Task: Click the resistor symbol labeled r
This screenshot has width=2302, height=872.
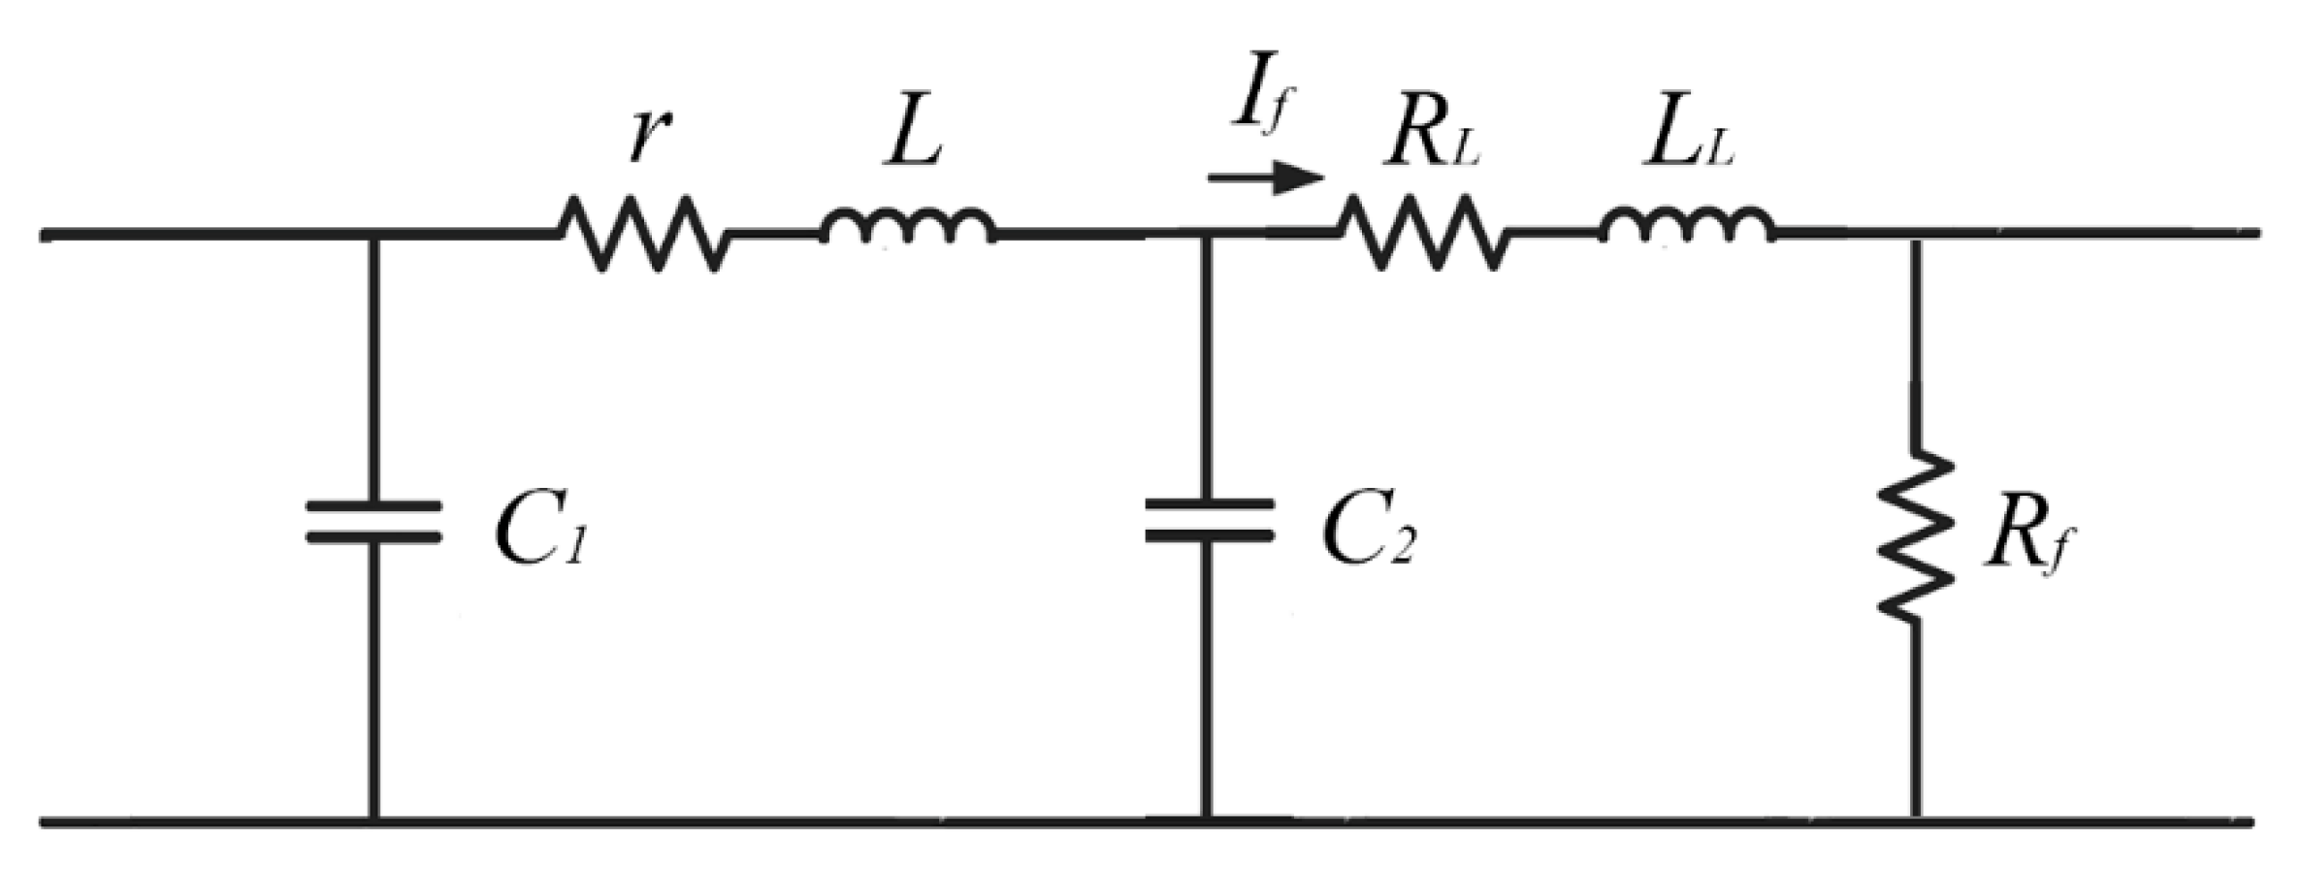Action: click(643, 233)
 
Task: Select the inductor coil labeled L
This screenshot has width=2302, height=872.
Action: click(908, 227)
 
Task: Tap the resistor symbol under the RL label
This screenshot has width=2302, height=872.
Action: click(1423, 233)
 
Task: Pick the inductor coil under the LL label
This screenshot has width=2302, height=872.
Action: click(1688, 227)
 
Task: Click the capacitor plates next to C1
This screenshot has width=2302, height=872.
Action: click(374, 521)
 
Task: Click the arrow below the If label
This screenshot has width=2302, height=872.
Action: click(1266, 178)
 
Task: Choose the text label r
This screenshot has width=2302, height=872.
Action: click(643, 136)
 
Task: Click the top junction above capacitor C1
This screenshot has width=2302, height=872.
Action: click(375, 234)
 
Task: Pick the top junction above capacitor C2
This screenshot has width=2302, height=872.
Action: click(1207, 234)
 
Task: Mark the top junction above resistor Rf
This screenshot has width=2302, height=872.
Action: click(1915, 234)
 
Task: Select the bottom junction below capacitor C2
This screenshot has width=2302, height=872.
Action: click(1207, 823)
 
